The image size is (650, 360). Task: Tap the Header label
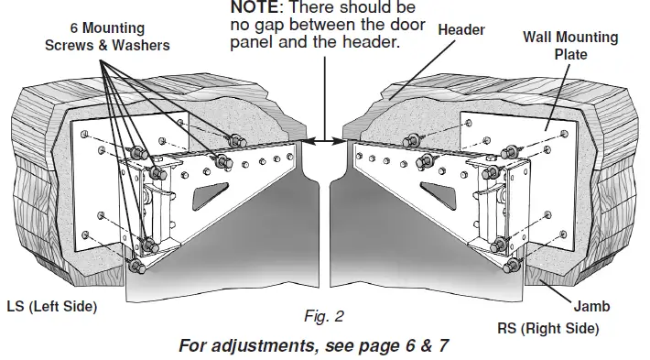tap(460, 30)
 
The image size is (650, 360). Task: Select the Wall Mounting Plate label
tap(569, 46)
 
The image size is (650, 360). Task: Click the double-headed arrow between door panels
tap(327, 140)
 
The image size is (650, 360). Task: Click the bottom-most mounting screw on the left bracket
tap(136, 267)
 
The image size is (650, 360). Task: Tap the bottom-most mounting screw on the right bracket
tap(511, 266)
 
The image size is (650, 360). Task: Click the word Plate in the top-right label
tap(569, 54)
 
